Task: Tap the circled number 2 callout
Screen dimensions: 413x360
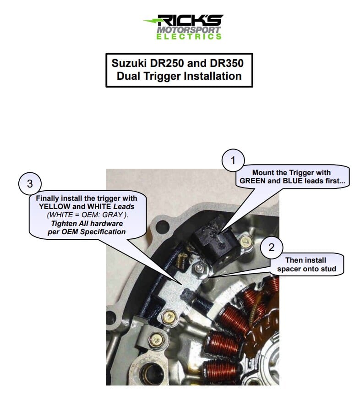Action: [x=272, y=248]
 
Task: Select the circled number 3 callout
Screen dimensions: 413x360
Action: [x=30, y=184]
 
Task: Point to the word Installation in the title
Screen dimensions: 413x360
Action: [x=212, y=76]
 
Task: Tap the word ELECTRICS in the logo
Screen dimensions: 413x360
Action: [x=189, y=36]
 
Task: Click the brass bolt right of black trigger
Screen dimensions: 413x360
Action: [x=245, y=240]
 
